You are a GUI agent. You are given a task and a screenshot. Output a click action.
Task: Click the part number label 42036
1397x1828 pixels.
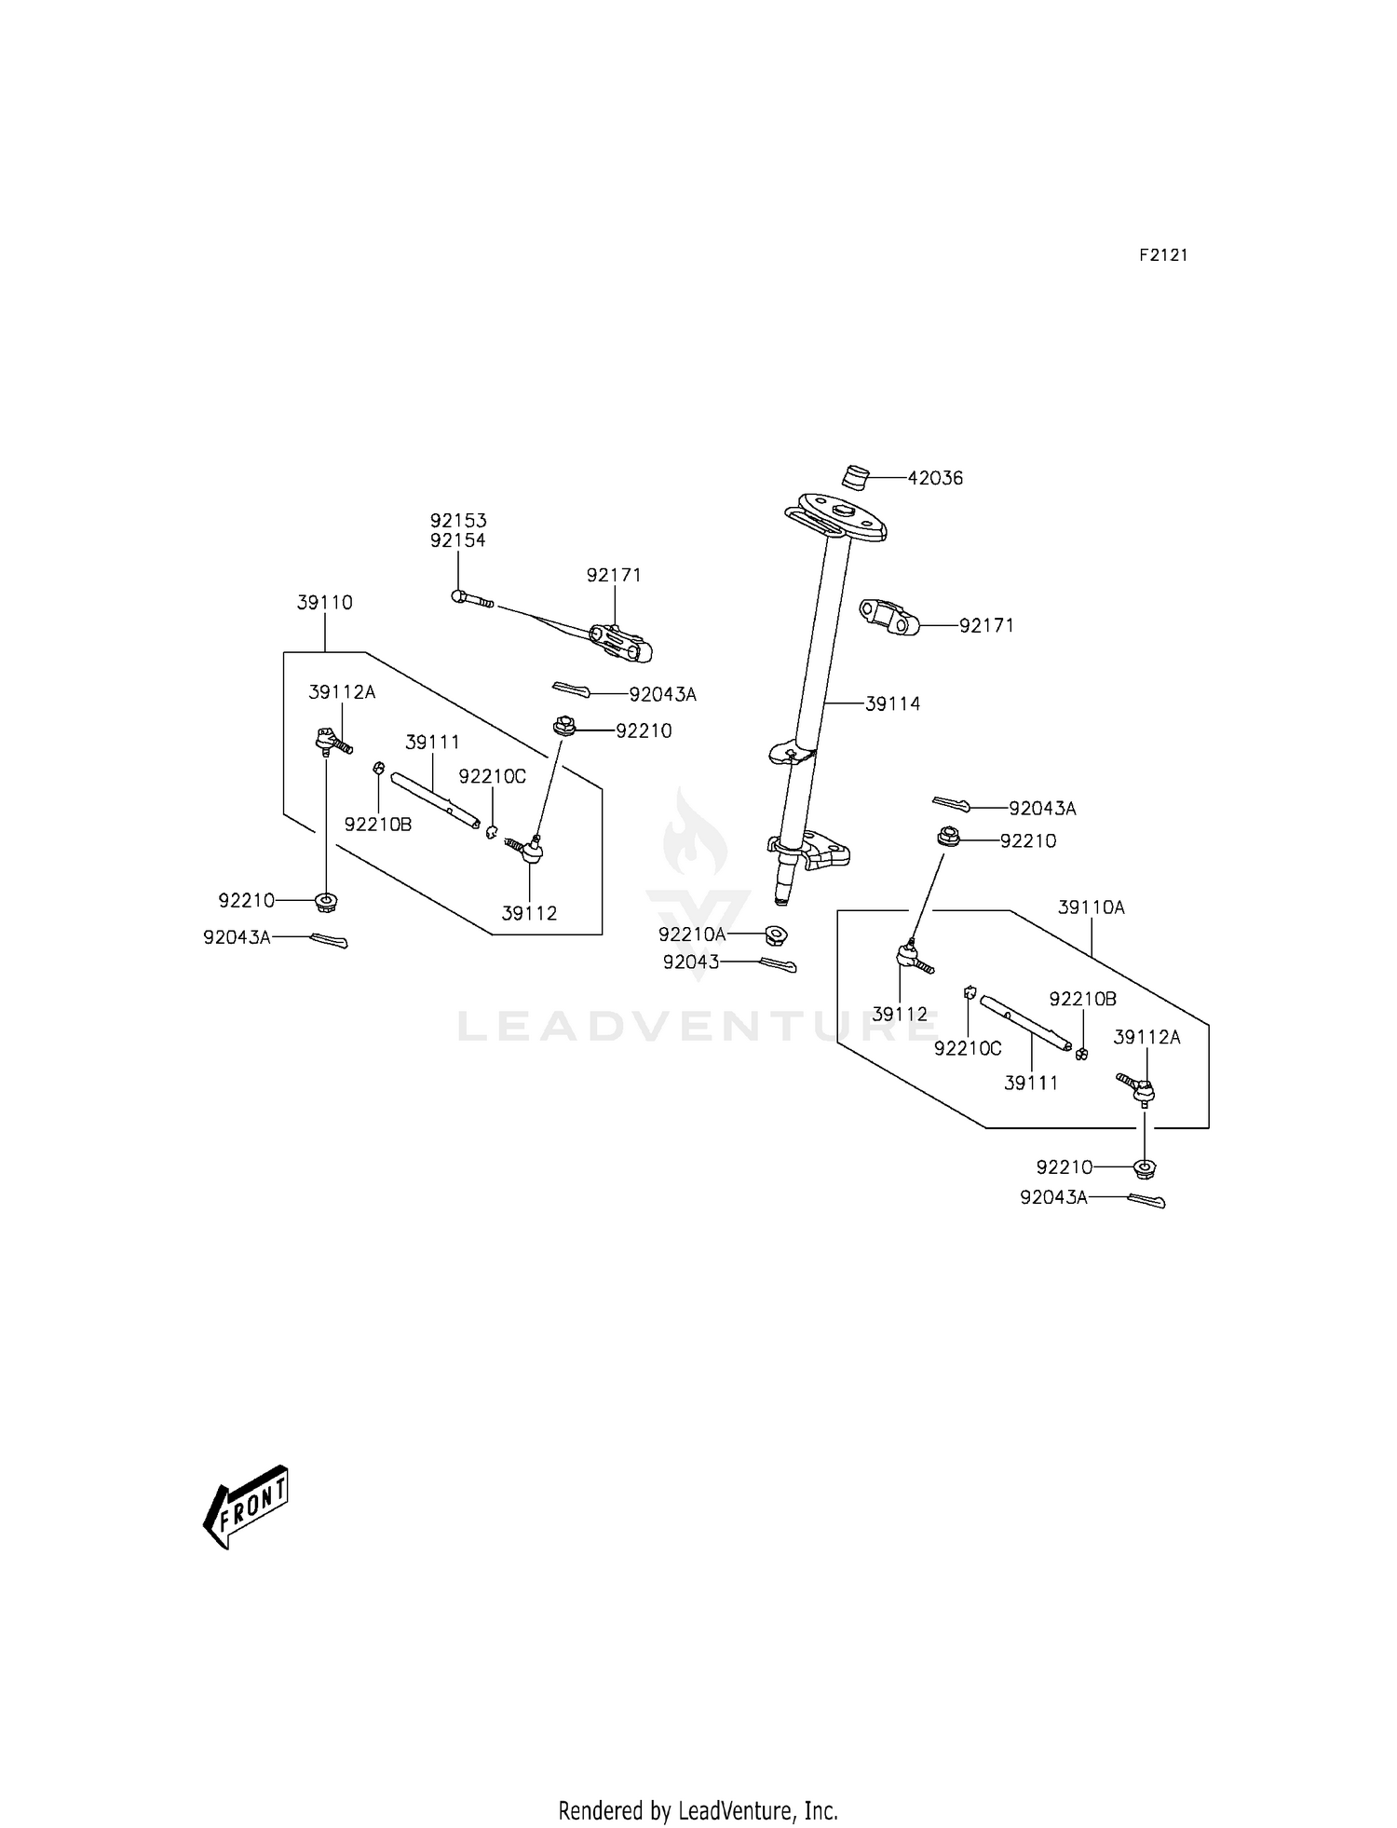point(935,478)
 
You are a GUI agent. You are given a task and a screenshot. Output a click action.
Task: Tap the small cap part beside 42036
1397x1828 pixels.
point(855,476)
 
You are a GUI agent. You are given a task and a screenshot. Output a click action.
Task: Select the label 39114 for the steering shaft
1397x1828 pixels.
point(892,704)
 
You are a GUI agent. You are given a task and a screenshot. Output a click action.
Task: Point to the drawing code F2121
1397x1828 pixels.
point(1163,255)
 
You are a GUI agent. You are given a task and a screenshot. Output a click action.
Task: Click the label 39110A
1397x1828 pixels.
point(1091,907)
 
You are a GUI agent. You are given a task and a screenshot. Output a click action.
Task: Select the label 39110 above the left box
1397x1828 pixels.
point(325,603)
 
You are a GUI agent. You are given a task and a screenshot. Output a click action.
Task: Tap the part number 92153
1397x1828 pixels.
point(458,521)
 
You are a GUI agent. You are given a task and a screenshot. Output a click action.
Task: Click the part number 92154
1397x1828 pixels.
point(458,540)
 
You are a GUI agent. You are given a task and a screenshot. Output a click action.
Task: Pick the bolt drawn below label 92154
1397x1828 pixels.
point(472,599)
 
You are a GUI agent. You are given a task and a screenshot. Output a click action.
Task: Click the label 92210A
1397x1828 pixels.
point(691,934)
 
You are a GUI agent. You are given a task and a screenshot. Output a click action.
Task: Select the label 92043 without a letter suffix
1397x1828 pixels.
point(691,962)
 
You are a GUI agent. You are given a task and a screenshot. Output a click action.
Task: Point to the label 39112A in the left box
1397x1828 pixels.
point(342,692)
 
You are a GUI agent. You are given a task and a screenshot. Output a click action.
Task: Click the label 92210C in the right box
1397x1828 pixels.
point(968,1049)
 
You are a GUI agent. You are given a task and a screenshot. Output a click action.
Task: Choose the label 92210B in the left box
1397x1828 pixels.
point(377,825)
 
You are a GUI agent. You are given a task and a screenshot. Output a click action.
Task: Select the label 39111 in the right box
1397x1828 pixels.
point(1031,1083)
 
